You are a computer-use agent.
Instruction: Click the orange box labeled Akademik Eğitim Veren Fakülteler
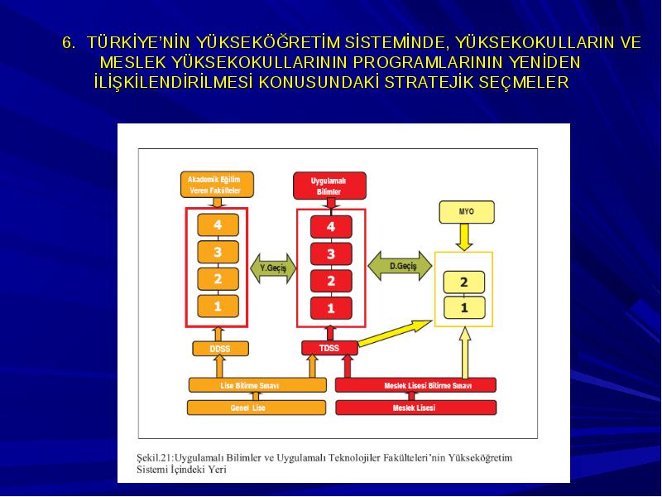217,185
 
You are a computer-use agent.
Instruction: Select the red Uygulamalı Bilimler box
329,186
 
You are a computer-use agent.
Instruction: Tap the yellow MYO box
467,212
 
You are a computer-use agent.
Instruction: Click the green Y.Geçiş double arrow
273,268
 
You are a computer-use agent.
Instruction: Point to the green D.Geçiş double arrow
400,266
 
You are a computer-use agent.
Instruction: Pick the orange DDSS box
220,349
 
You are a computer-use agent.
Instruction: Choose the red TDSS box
329,348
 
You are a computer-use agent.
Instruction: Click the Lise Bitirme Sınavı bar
257,385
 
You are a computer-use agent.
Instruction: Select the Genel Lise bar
257,408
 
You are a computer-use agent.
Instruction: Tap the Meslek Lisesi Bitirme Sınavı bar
415,385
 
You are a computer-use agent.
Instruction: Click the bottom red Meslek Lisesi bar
416,408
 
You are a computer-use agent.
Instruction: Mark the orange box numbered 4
218,224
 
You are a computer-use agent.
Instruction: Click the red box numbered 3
331,254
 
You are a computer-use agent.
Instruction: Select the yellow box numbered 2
464,282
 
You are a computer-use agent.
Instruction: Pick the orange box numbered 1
218,306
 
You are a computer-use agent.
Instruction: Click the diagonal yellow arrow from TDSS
395,333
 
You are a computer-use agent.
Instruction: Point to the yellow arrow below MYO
464,237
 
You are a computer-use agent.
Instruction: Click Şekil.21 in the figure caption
155,458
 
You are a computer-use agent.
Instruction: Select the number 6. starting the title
69,43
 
